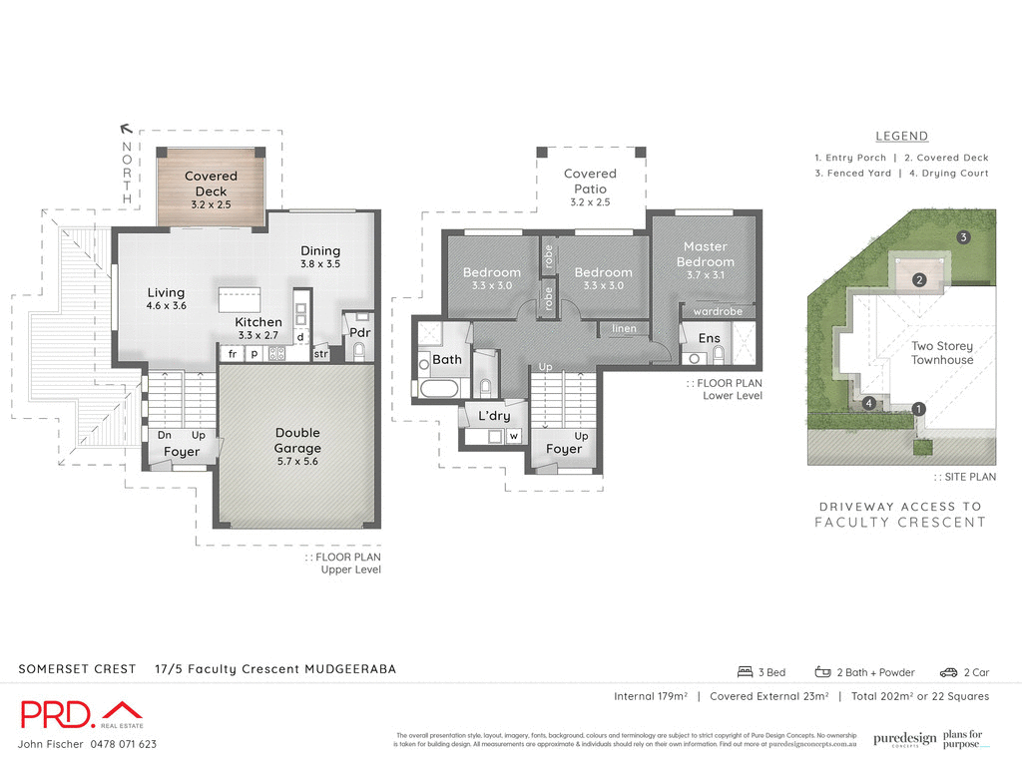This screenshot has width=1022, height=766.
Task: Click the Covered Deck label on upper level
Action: (x=211, y=184)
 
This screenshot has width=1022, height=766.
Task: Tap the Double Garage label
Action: (x=297, y=440)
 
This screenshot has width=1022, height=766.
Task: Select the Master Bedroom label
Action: (x=706, y=253)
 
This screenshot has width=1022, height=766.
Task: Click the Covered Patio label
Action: (x=590, y=181)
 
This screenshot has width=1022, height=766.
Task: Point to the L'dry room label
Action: (x=494, y=415)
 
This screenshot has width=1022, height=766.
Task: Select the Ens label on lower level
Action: (x=709, y=338)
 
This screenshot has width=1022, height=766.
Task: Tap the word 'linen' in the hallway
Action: (x=624, y=328)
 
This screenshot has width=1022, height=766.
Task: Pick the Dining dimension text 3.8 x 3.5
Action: (x=320, y=264)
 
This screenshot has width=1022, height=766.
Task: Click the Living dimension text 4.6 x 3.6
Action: (x=166, y=306)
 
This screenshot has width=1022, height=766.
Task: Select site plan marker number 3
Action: (x=963, y=237)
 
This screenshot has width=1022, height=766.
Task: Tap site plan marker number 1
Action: (x=919, y=408)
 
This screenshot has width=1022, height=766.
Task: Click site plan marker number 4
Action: (x=870, y=403)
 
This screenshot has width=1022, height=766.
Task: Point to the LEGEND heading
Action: (x=901, y=137)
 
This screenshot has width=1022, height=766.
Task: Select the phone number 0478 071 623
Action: (x=118, y=744)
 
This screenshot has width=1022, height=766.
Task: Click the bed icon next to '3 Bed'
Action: (x=745, y=671)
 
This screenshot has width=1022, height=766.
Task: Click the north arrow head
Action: (x=125, y=128)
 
